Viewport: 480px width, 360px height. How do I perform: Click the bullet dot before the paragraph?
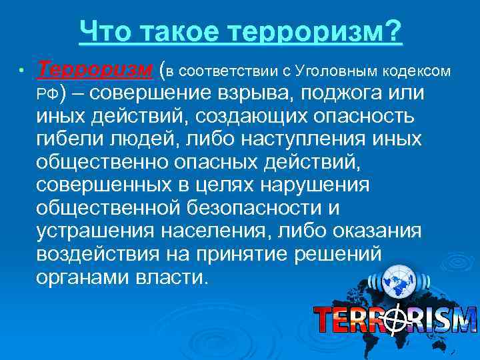pyautogui.click(x=21, y=71)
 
